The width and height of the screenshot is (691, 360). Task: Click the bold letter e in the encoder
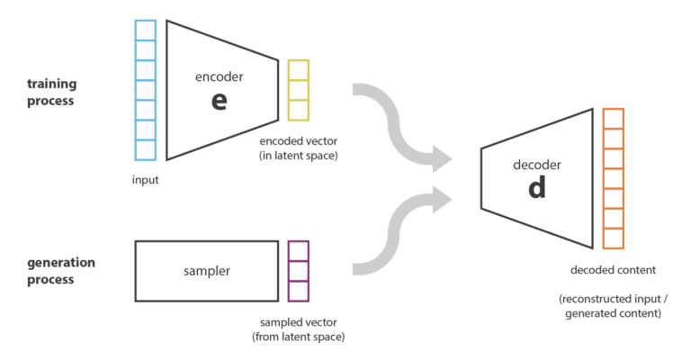pyautogui.click(x=219, y=101)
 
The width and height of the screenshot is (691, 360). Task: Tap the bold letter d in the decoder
pyautogui.click(x=537, y=187)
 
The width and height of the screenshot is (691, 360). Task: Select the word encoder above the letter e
pyautogui.click(x=219, y=76)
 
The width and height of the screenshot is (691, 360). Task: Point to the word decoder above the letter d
pyautogui.click(x=537, y=165)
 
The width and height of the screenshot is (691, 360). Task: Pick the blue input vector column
pyautogui.click(x=146, y=90)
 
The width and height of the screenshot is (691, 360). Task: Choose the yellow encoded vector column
pyautogui.click(x=299, y=90)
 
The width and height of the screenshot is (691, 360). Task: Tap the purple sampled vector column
pyautogui.click(x=299, y=271)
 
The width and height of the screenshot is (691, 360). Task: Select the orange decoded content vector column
pyautogui.click(x=614, y=178)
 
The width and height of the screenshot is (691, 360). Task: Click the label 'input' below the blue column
pyautogui.click(x=146, y=180)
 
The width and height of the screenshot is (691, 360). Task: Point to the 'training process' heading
pyautogui.click(x=51, y=92)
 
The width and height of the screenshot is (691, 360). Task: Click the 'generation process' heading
pyautogui.click(x=61, y=271)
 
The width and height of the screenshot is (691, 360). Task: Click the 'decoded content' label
pyautogui.click(x=613, y=270)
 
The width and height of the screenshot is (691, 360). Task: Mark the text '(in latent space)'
pyautogui.click(x=299, y=156)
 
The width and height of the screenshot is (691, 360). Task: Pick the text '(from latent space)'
pyautogui.click(x=299, y=337)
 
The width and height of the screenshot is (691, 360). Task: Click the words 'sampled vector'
pyautogui.click(x=299, y=322)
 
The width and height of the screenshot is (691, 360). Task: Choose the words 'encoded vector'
pyautogui.click(x=299, y=141)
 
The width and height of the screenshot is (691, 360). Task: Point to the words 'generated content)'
pyautogui.click(x=613, y=313)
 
